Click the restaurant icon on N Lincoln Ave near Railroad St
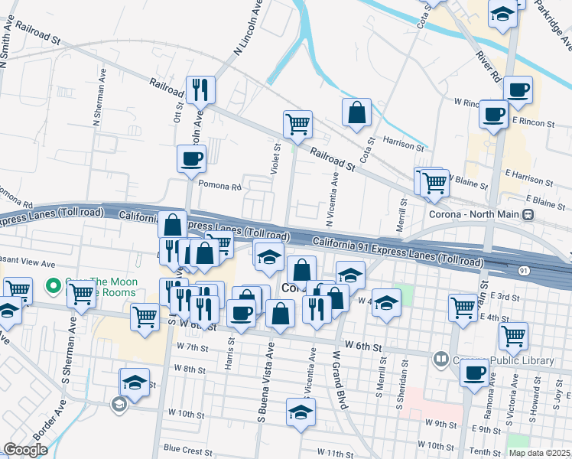coord(200,89)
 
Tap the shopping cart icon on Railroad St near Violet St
coord(297,123)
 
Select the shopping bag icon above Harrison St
coord(356,112)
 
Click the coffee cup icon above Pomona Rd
coord(191,158)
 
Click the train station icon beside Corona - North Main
coord(528,216)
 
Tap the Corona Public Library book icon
coord(441,358)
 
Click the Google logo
coord(26,450)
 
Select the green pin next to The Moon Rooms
coord(53,287)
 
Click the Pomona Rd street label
coord(219,185)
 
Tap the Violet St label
coord(276,158)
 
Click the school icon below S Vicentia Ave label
coord(301,412)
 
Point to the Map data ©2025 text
coord(539,453)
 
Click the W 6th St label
coord(363,347)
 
